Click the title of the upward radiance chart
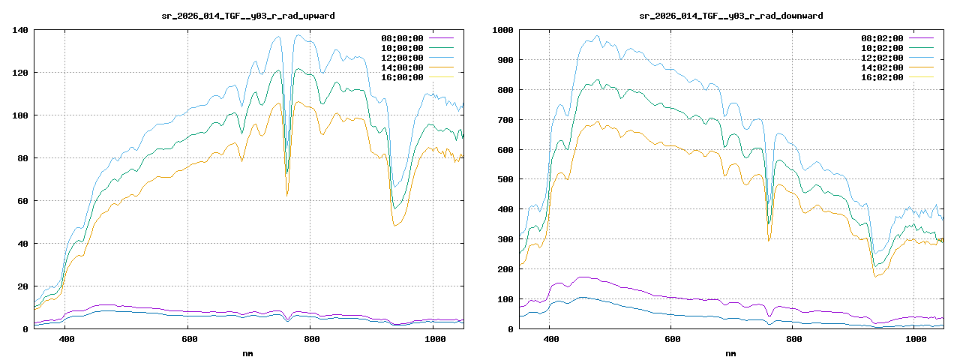[248, 15]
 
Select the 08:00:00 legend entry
[403, 38]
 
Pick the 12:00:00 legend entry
[403, 58]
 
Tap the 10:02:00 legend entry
[883, 48]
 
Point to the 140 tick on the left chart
[19, 30]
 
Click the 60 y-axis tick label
[22, 201]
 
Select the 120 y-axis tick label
[19, 73]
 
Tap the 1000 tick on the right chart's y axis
[502, 30]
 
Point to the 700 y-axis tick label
[505, 120]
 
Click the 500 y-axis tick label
[505, 180]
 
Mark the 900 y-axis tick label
[505, 60]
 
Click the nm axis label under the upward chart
[248, 352]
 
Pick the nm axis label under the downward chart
[730, 352]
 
